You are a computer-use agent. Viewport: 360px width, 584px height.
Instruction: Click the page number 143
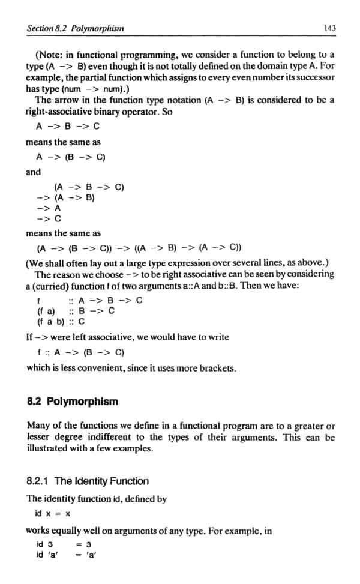328,28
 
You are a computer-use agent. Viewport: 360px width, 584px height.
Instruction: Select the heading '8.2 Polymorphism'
73,402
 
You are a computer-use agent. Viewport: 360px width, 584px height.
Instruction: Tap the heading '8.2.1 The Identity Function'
88,481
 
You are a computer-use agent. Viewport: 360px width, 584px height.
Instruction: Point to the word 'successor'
316,78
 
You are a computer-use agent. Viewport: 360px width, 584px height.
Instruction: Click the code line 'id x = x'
53,514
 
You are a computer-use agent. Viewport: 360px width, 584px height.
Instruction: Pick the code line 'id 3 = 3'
62,545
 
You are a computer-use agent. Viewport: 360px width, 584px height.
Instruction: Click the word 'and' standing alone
34,173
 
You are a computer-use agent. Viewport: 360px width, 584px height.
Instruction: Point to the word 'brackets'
215,368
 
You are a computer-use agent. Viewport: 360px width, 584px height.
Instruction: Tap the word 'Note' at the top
51,55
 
